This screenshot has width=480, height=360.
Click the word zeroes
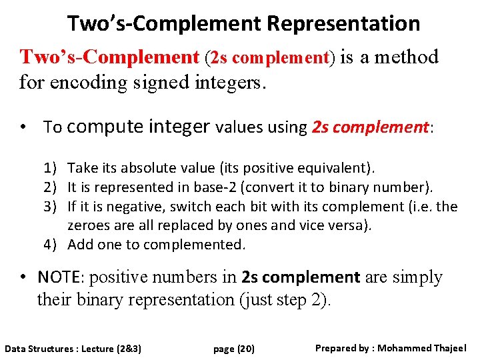[x=88, y=225]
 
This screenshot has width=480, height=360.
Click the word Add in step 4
[x=81, y=245]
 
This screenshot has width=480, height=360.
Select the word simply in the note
[x=417, y=277]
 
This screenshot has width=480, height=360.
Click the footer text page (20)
[x=234, y=349]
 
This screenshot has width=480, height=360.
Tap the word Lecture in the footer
[x=97, y=349]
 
